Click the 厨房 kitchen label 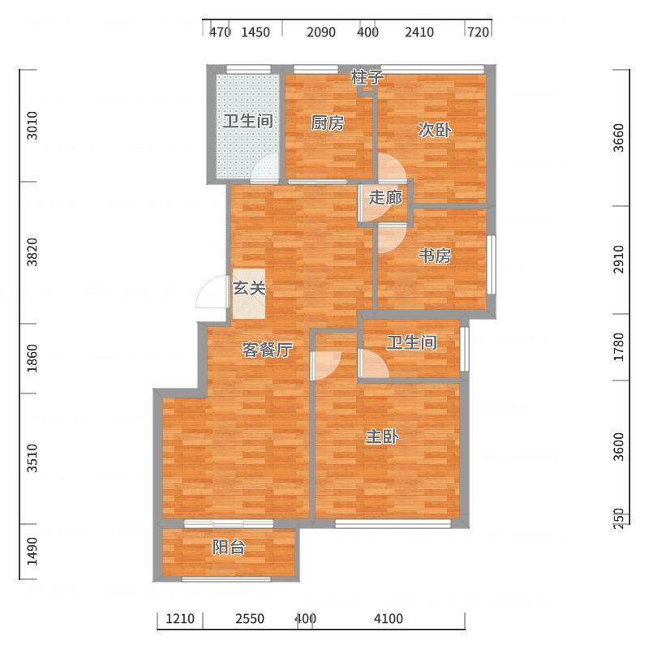click(328, 123)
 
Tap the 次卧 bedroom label click(434, 130)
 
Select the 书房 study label click(434, 256)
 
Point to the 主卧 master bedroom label click(382, 436)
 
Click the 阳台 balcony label click(229, 547)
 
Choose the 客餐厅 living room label click(268, 350)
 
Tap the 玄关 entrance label click(249, 288)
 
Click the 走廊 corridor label click(385, 197)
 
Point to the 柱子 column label click(367, 77)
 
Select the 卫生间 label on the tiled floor click(248, 121)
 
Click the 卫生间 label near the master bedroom click(412, 342)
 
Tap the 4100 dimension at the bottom click(389, 619)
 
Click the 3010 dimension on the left click(32, 126)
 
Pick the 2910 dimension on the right click(618, 259)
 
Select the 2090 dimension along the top click(320, 32)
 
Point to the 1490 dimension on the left click(32, 552)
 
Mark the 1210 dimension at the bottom click(180, 619)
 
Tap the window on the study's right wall click(492, 264)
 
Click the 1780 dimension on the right click(618, 347)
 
